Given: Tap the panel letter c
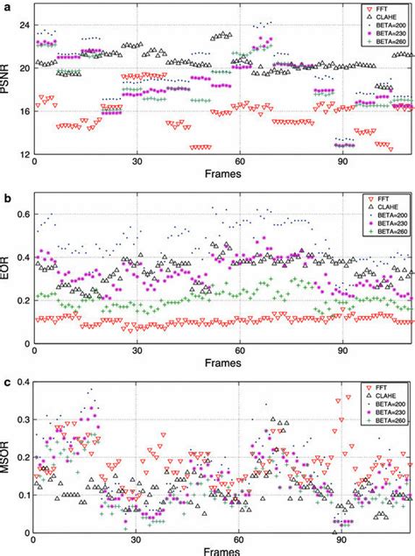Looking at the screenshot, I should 4,383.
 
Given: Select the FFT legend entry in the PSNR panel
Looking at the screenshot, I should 383,10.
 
